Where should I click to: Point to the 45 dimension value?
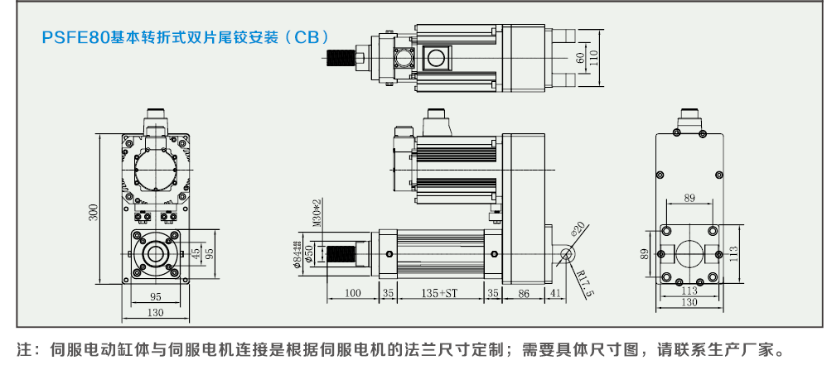pyautogui.click(x=196, y=252)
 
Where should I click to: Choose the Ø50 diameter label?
pyautogui.click(x=308, y=253)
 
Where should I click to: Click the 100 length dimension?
pyautogui.click(x=352, y=293)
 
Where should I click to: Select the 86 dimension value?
pyautogui.click(x=523, y=293)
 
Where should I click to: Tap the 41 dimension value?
pyautogui.click(x=555, y=293)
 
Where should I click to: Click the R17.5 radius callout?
pyautogui.click(x=585, y=283)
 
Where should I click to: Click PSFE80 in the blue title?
pyautogui.click(x=75, y=37)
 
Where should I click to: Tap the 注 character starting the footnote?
pyautogui.click(x=23, y=348)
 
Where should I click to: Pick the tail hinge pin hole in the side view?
pyautogui.click(x=566, y=253)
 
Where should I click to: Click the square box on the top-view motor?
pyautogui.click(x=434, y=57)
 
